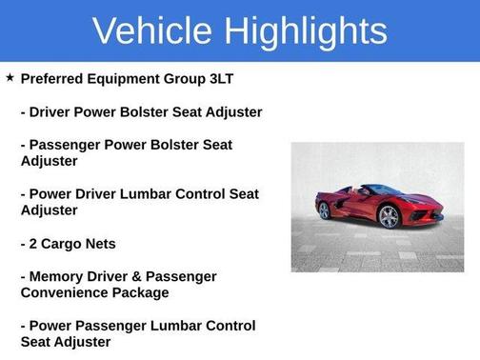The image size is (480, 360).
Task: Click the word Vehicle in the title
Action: [151, 30]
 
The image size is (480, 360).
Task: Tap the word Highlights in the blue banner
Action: [304, 30]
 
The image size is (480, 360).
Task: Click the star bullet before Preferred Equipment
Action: [10, 77]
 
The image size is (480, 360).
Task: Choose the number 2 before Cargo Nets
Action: [34, 244]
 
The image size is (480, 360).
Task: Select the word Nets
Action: [102, 244]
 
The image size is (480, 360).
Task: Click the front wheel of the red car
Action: [388, 217]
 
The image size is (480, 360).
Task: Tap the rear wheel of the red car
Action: [325, 210]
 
